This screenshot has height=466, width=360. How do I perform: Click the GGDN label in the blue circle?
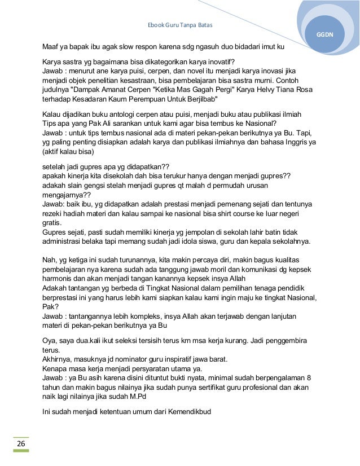coord(325,34)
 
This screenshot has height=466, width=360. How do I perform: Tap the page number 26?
coord(21,444)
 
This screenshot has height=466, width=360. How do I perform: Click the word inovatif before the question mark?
coord(222,61)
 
